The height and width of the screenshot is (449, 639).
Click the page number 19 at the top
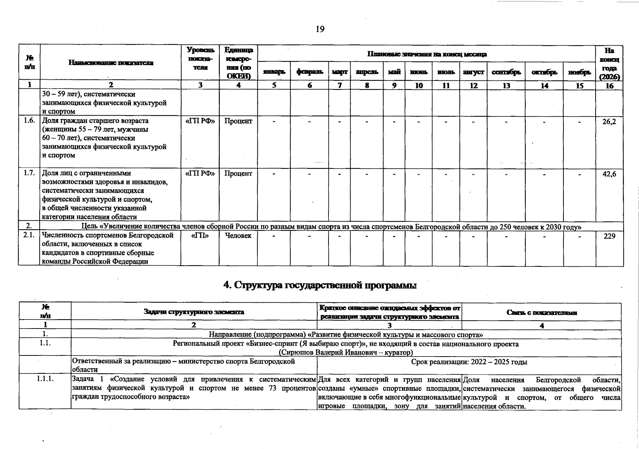pos(320,29)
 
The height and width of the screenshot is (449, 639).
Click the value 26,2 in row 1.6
pos(609,122)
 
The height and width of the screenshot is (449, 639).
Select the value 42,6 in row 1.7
pos(609,174)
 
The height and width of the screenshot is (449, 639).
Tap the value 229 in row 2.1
pos(609,236)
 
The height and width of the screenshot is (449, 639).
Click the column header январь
pos(274,72)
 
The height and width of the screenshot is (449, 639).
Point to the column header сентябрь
pos(506,72)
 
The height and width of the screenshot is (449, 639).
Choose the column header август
pos(473,72)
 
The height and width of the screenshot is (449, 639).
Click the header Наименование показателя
pos(111,63)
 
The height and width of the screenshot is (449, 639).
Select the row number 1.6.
pos(29,121)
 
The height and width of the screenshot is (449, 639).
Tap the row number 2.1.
pos(29,236)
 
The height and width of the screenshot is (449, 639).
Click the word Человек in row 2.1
pos(238,236)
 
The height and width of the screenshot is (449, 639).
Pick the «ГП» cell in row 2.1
pos(200,236)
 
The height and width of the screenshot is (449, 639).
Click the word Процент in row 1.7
pos(238,174)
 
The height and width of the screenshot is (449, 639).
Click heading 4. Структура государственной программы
pos(320,285)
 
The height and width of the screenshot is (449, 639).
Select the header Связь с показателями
pos(541,312)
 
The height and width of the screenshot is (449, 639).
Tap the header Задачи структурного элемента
pos(194,312)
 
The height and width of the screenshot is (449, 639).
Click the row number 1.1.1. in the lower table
pos(45,379)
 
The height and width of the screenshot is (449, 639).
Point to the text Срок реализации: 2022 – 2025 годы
pos(469,362)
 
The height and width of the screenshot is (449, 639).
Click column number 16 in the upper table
pos(609,86)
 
